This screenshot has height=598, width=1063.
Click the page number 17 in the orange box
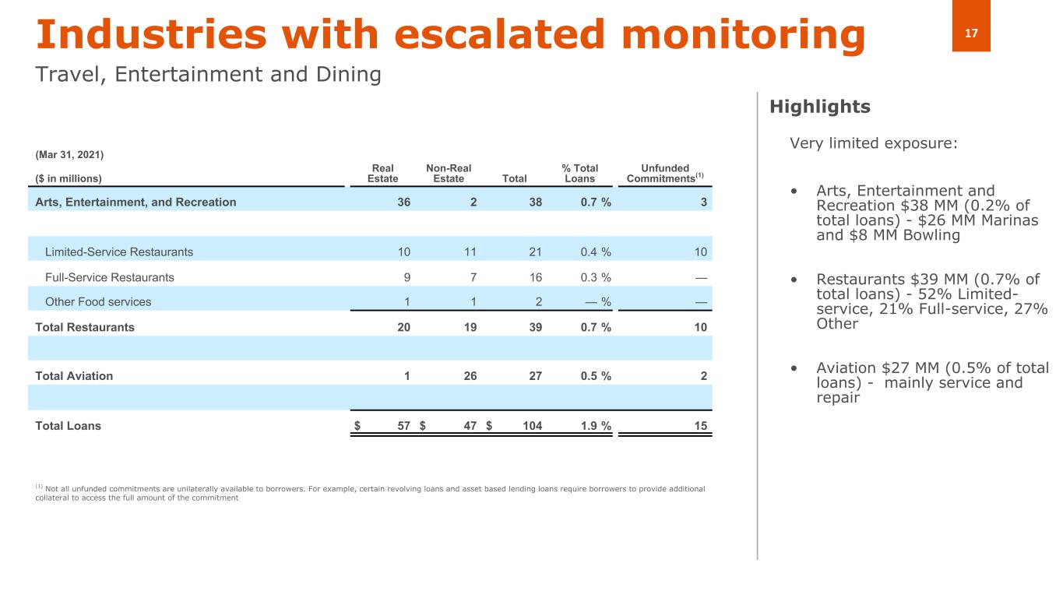point(971,33)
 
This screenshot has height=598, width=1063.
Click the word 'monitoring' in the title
point(743,35)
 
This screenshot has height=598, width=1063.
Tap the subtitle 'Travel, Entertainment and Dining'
point(209,75)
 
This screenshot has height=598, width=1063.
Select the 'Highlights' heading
point(820,107)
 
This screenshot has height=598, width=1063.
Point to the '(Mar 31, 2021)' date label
point(69,155)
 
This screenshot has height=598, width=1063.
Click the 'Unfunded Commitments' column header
point(665,173)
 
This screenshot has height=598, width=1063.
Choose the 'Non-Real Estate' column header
point(449,173)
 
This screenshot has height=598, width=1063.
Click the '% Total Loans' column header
point(579,173)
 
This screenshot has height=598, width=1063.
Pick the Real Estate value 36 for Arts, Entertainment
point(404,202)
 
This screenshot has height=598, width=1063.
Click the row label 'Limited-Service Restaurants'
point(119,252)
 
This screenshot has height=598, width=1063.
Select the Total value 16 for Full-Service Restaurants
point(536,277)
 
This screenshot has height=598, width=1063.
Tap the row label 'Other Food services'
point(98,302)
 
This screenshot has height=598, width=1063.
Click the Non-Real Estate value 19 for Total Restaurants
point(470,327)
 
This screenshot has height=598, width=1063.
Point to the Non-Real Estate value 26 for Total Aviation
point(470,376)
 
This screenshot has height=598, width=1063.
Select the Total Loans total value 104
point(533,426)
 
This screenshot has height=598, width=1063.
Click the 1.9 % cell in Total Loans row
point(596,426)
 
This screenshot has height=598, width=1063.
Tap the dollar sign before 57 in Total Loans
point(357,426)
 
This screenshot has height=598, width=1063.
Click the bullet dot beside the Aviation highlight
point(794,368)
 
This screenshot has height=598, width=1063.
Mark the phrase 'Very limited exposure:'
point(874,143)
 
